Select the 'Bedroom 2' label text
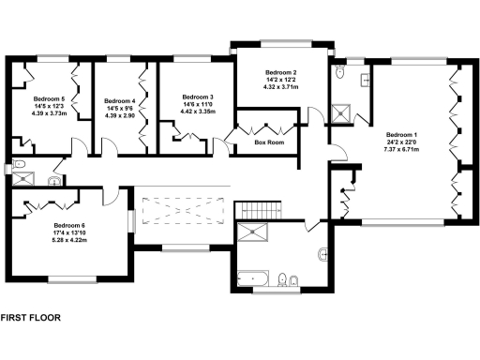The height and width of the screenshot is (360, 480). pyautogui.click(x=281, y=73)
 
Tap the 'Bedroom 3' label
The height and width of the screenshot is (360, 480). pyautogui.click(x=198, y=97)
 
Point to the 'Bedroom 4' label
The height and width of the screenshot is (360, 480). pyautogui.click(x=120, y=100)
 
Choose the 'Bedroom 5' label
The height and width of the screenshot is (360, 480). pyautogui.click(x=50, y=98)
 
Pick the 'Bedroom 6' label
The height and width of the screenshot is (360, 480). pyautogui.click(x=69, y=225)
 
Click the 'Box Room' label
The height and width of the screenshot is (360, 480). pyautogui.click(x=268, y=143)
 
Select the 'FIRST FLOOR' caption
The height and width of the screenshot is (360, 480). pyautogui.click(x=30, y=318)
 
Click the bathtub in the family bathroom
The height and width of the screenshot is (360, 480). pyautogui.click(x=252, y=277)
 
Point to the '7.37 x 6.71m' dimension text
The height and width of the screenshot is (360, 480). pyautogui.click(x=400, y=148)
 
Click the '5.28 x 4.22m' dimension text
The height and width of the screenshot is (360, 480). pyautogui.click(x=69, y=240)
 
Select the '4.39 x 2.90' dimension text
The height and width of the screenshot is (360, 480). pyautogui.click(x=120, y=115)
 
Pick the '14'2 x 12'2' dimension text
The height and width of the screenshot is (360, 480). pyautogui.click(x=281, y=81)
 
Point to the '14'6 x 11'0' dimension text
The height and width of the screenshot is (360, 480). pyautogui.click(x=198, y=104)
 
